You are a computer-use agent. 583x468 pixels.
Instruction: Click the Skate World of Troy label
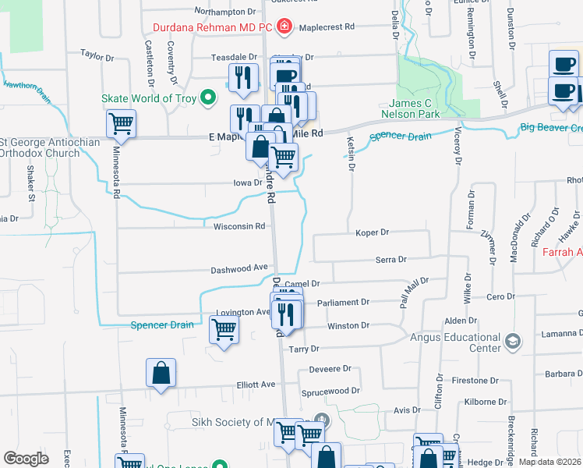click(148, 98)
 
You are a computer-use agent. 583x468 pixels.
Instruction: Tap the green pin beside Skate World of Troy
click(207, 98)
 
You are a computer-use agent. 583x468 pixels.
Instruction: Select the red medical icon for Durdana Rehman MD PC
click(284, 27)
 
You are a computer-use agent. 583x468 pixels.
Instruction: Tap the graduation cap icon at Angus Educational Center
click(513, 341)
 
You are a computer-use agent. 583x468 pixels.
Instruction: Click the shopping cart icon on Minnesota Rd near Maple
click(121, 122)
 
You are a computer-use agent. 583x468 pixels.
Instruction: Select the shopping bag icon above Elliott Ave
click(161, 374)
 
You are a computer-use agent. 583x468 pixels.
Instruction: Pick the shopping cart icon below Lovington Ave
click(224, 331)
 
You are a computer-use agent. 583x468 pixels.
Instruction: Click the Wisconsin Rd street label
click(239, 227)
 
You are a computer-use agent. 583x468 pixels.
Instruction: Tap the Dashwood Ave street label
click(239, 269)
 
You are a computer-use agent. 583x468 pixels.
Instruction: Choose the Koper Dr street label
click(372, 232)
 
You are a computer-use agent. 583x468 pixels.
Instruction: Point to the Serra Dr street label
click(390, 260)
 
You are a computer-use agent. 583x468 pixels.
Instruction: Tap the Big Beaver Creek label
click(551, 127)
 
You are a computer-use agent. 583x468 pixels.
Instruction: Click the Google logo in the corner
click(26, 459)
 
